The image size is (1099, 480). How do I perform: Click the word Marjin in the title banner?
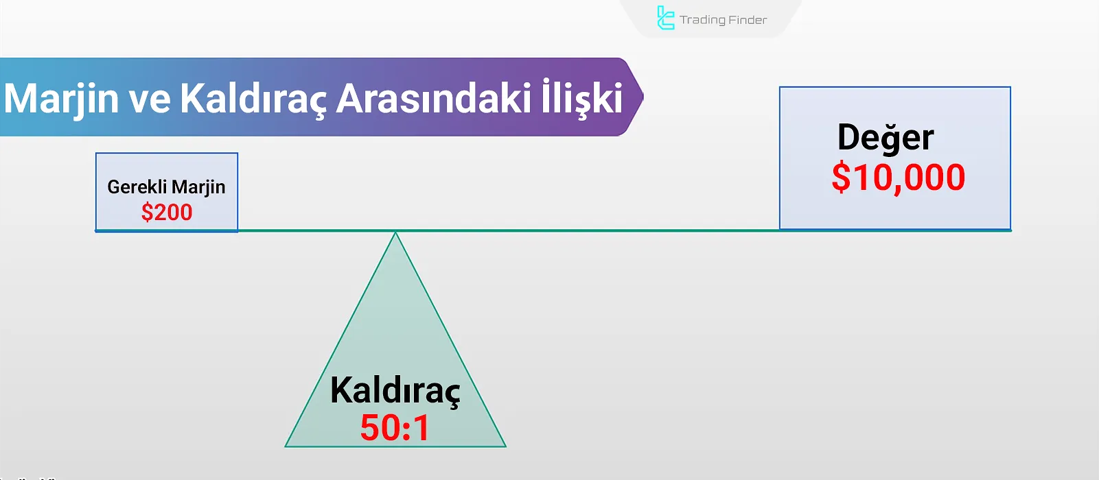[x=61, y=98]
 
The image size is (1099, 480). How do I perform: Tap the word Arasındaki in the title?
[x=433, y=98]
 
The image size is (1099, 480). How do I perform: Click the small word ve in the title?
[x=150, y=99]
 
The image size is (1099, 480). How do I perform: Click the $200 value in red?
[x=167, y=213]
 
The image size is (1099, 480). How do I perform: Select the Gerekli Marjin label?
[x=166, y=187]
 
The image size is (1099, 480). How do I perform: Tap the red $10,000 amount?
[x=898, y=178]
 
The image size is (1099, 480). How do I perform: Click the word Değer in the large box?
[x=886, y=138]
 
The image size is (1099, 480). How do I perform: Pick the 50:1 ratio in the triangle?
[x=395, y=428]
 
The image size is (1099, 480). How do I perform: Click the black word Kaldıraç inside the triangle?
[x=395, y=390]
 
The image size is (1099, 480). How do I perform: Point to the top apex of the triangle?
[x=395, y=235]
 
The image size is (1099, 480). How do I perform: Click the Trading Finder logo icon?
[x=665, y=18]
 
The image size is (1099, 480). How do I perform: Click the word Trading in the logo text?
[x=703, y=20]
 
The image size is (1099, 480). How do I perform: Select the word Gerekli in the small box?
[x=137, y=187]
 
